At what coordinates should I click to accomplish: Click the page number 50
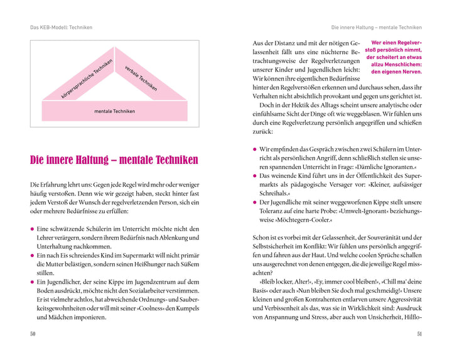33,334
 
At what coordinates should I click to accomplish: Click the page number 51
419,334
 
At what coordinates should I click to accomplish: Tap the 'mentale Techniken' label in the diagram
114,111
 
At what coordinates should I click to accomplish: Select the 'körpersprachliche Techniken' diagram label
86,80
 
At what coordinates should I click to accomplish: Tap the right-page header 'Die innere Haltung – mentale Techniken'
376,27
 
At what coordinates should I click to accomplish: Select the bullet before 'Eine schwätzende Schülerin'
33,229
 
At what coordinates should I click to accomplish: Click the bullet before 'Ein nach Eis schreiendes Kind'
33,256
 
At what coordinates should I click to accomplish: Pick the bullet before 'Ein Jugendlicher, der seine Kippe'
33,283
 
